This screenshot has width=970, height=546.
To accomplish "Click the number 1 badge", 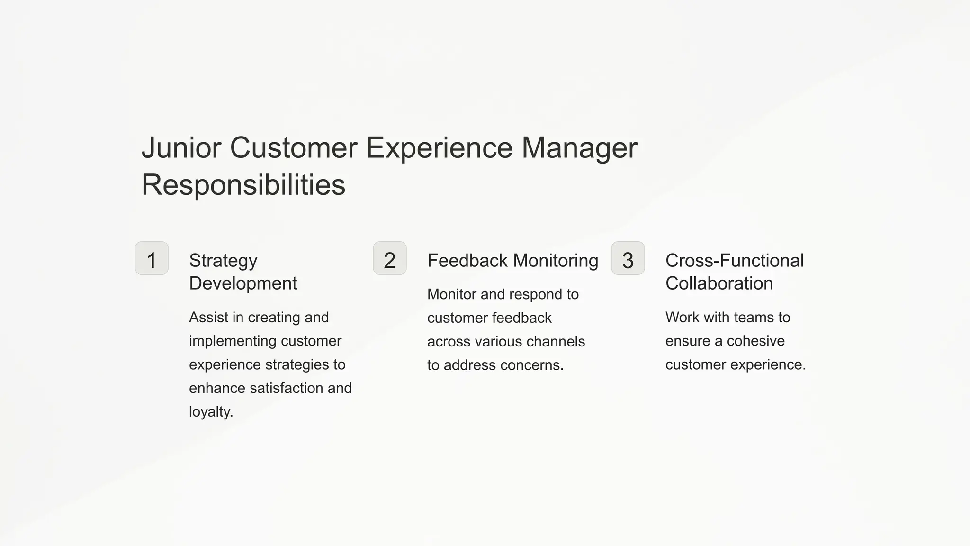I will tap(152, 258).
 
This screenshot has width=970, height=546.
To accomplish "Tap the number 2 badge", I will tap(390, 258).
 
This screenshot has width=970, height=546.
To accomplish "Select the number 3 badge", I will tap(628, 258).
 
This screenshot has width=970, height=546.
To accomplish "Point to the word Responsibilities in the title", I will tap(243, 184).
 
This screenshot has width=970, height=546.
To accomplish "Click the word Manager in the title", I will tap(579, 147).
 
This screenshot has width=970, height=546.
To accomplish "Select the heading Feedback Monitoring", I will tap(512, 260).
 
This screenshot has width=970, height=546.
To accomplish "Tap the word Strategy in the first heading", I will tap(223, 260).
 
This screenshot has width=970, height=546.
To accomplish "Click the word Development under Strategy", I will tap(243, 283).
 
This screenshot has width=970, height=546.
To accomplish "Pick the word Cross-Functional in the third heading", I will tap(734, 260).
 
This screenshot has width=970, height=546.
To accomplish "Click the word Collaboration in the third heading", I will tap(719, 283).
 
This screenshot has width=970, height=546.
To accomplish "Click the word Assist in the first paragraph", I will tap(208, 317).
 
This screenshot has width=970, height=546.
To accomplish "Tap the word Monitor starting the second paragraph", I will tap(452, 294).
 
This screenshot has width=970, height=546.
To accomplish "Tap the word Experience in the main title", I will tap(439, 147).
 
